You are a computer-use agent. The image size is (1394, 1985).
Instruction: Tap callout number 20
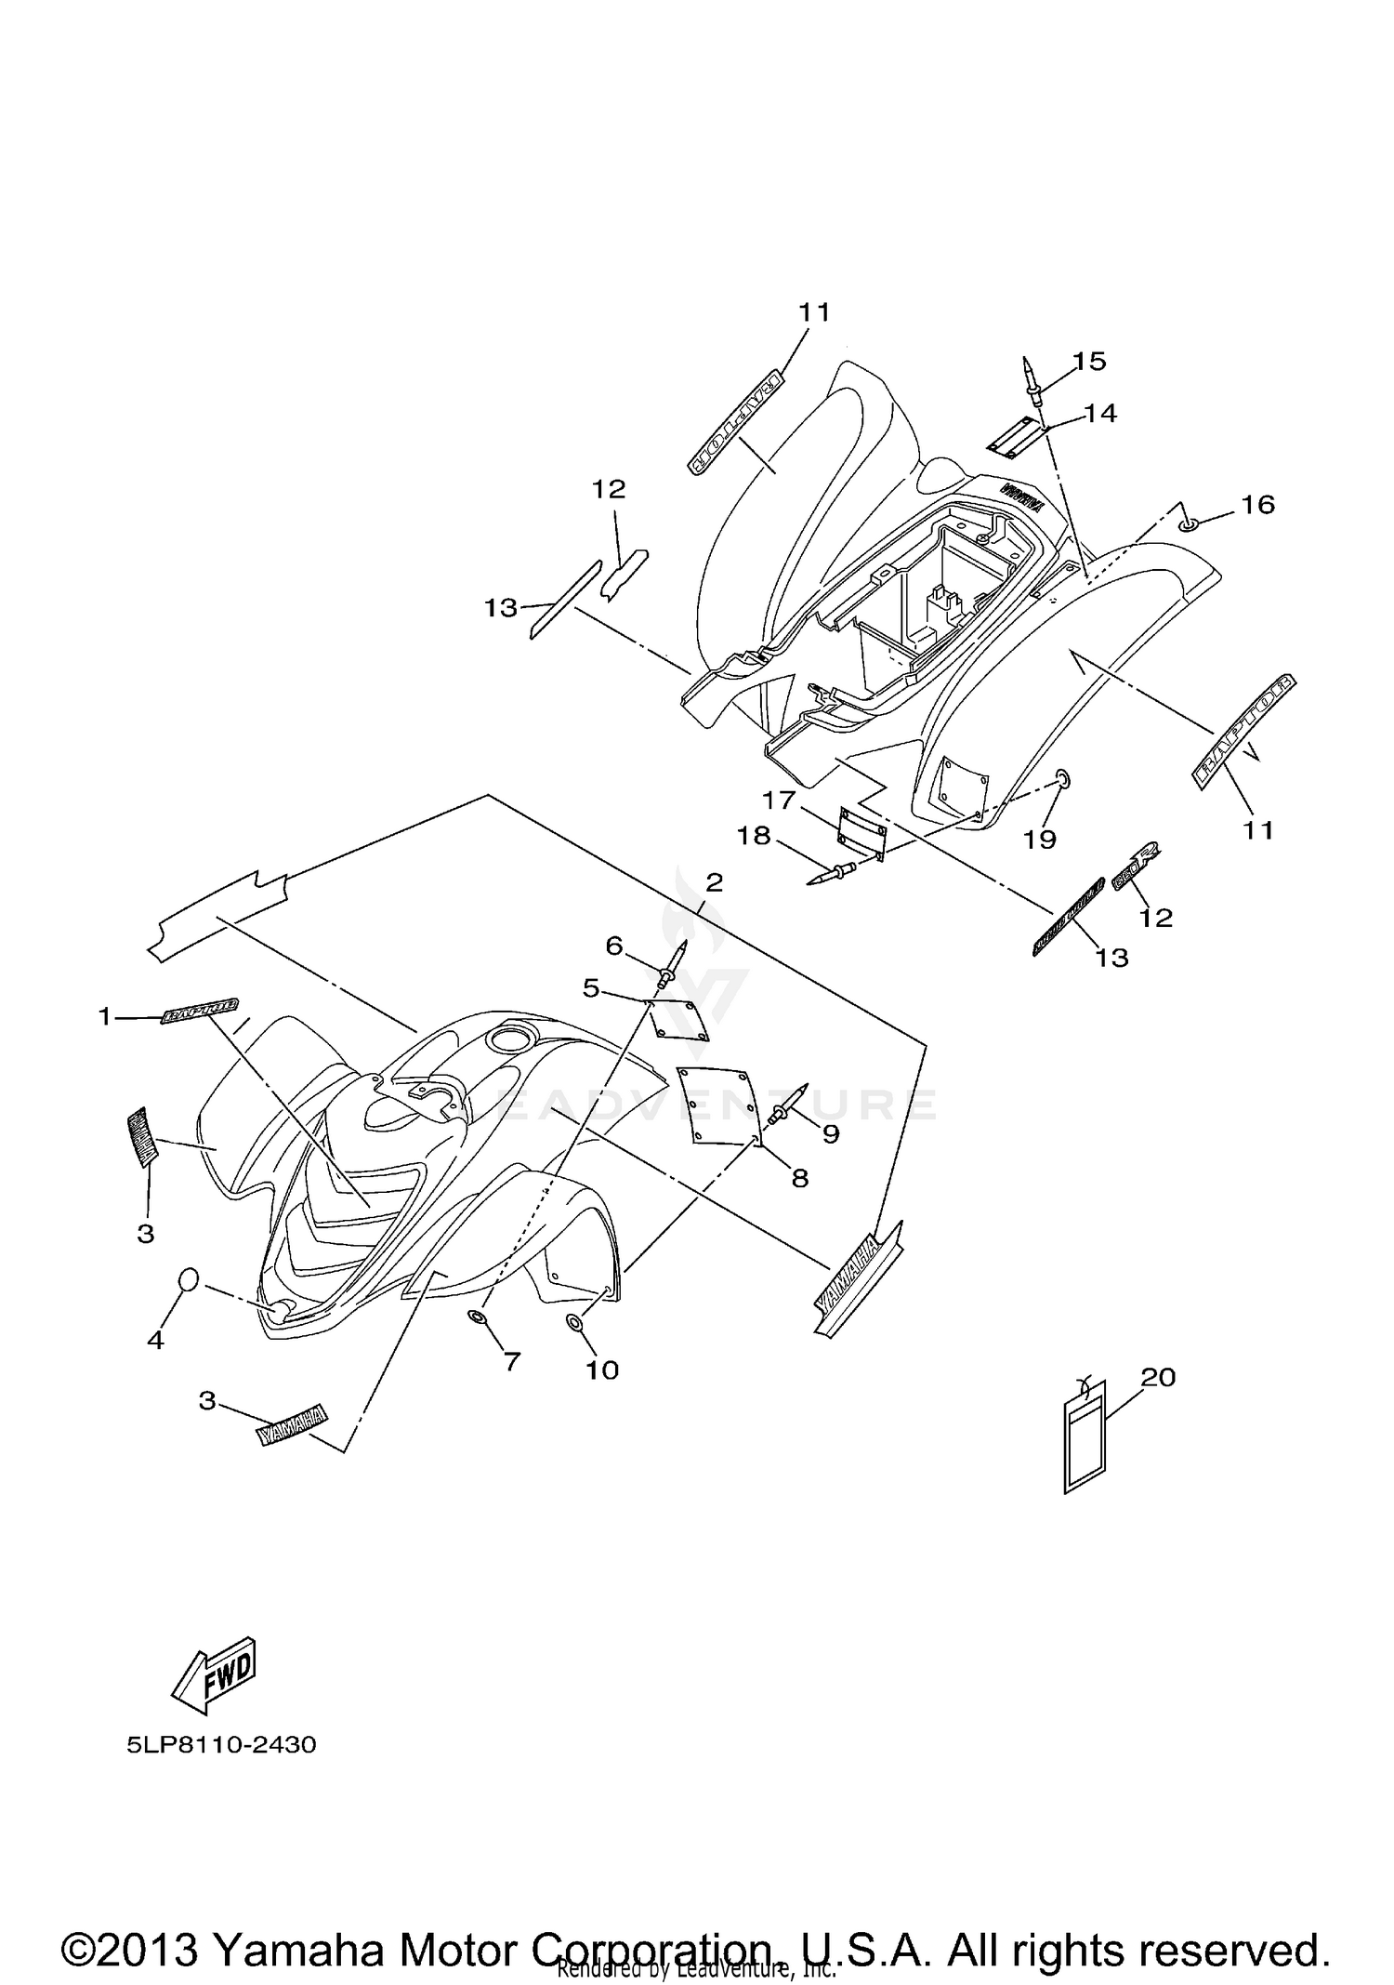coord(1159,1377)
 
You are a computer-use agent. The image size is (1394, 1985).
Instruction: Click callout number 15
coord(1089,361)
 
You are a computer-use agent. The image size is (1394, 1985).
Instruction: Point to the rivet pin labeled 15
coord(1032,382)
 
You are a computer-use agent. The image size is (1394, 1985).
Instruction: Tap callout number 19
coord(1040,839)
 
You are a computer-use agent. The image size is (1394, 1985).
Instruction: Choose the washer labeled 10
coord(575,1322)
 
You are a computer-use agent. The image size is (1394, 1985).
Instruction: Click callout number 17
coord(779,800)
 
